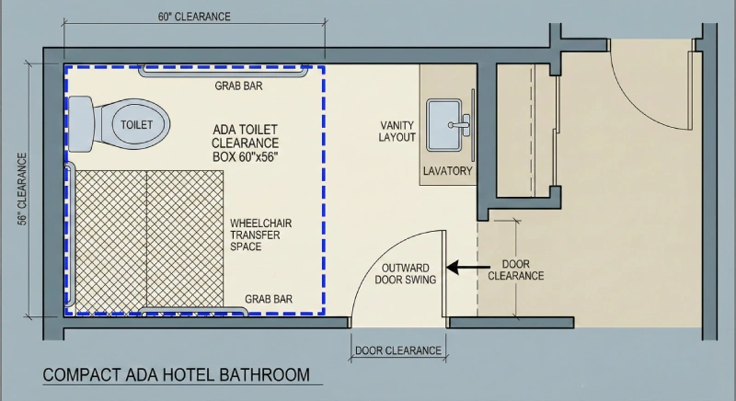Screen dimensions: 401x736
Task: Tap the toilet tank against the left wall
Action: (x=80, y=122)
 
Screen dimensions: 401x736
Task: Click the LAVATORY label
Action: (x=447, y=171)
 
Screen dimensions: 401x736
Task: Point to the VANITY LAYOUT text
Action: (x=398, y=131)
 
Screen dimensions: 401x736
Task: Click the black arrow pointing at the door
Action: (x=461, y=268)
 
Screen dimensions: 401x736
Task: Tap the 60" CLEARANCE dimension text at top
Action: (x=194, y=17)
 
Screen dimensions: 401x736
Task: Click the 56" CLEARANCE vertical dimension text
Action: (x=21, y=189)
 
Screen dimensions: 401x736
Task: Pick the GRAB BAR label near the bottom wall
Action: (x=269, y=299)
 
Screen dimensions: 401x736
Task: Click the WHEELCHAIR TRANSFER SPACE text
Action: (x=260, y=235)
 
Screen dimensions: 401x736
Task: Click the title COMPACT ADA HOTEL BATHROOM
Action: (x=176, y=375)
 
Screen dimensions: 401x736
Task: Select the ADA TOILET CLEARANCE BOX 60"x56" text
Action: (x=246, y=143)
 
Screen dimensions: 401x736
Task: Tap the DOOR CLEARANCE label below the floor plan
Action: (x=398, y=350)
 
